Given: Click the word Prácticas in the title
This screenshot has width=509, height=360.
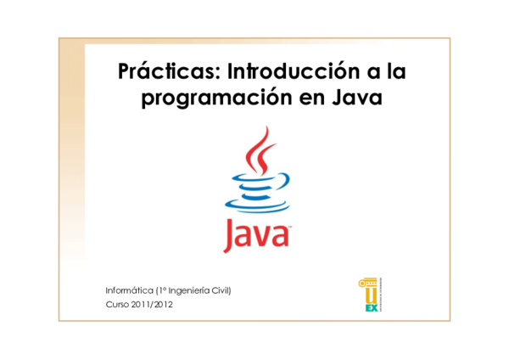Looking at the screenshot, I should [x=167, y=70].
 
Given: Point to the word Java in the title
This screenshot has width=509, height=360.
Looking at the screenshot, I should [x=359, y=98].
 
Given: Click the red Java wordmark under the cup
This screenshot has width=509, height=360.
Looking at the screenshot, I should [x=255, y=234].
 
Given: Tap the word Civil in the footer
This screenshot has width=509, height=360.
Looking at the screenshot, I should [x=219, y=290].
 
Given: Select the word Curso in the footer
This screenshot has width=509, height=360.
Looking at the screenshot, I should [x=118, y=304].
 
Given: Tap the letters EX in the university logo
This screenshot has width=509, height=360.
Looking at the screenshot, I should [x=371, y=307].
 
